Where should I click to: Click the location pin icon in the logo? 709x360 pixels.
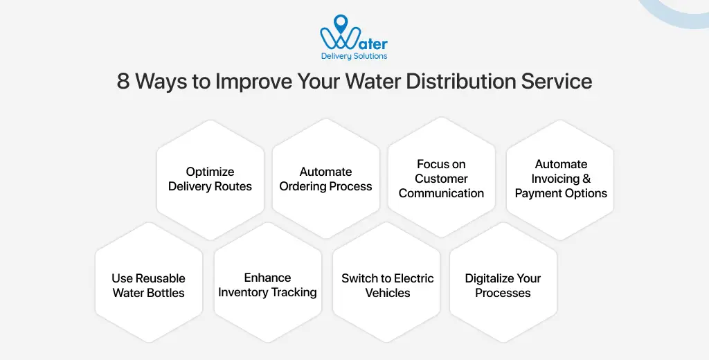341,24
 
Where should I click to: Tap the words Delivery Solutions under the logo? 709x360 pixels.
354,56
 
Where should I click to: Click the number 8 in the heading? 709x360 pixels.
123,82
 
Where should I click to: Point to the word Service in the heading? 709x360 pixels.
559,82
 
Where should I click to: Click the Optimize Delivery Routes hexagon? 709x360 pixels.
210,179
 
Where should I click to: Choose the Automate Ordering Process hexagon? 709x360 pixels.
326,179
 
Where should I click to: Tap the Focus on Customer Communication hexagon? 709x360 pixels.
442,179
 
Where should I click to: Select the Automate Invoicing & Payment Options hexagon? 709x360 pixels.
561,179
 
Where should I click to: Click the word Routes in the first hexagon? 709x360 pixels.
233,186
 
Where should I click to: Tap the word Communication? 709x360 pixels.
442,194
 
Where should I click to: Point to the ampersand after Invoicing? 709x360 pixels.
586,179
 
